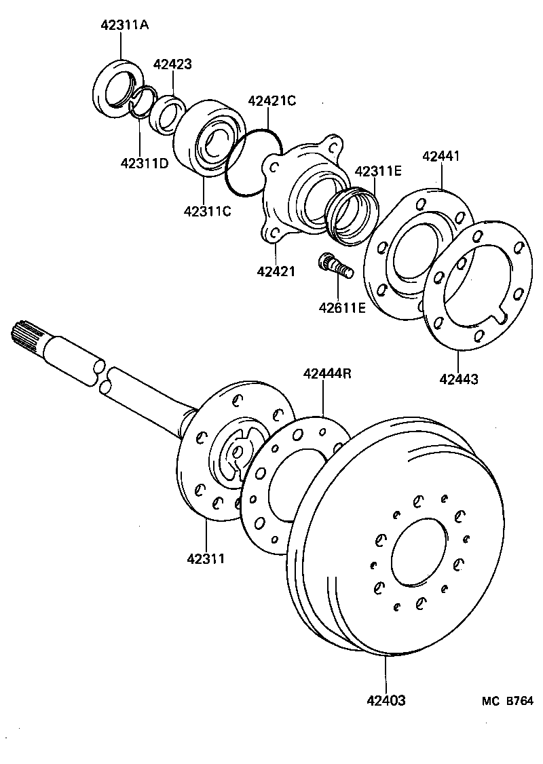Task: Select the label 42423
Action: coord(172,64)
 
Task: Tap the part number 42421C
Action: coord(272,101)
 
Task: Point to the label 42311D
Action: coord(145,163)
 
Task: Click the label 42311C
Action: coord(207,211)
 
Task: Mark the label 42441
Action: coord(441,156)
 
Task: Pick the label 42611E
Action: coord(342,307)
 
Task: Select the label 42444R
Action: coord(327,374)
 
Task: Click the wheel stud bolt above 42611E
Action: coord(336,265)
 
